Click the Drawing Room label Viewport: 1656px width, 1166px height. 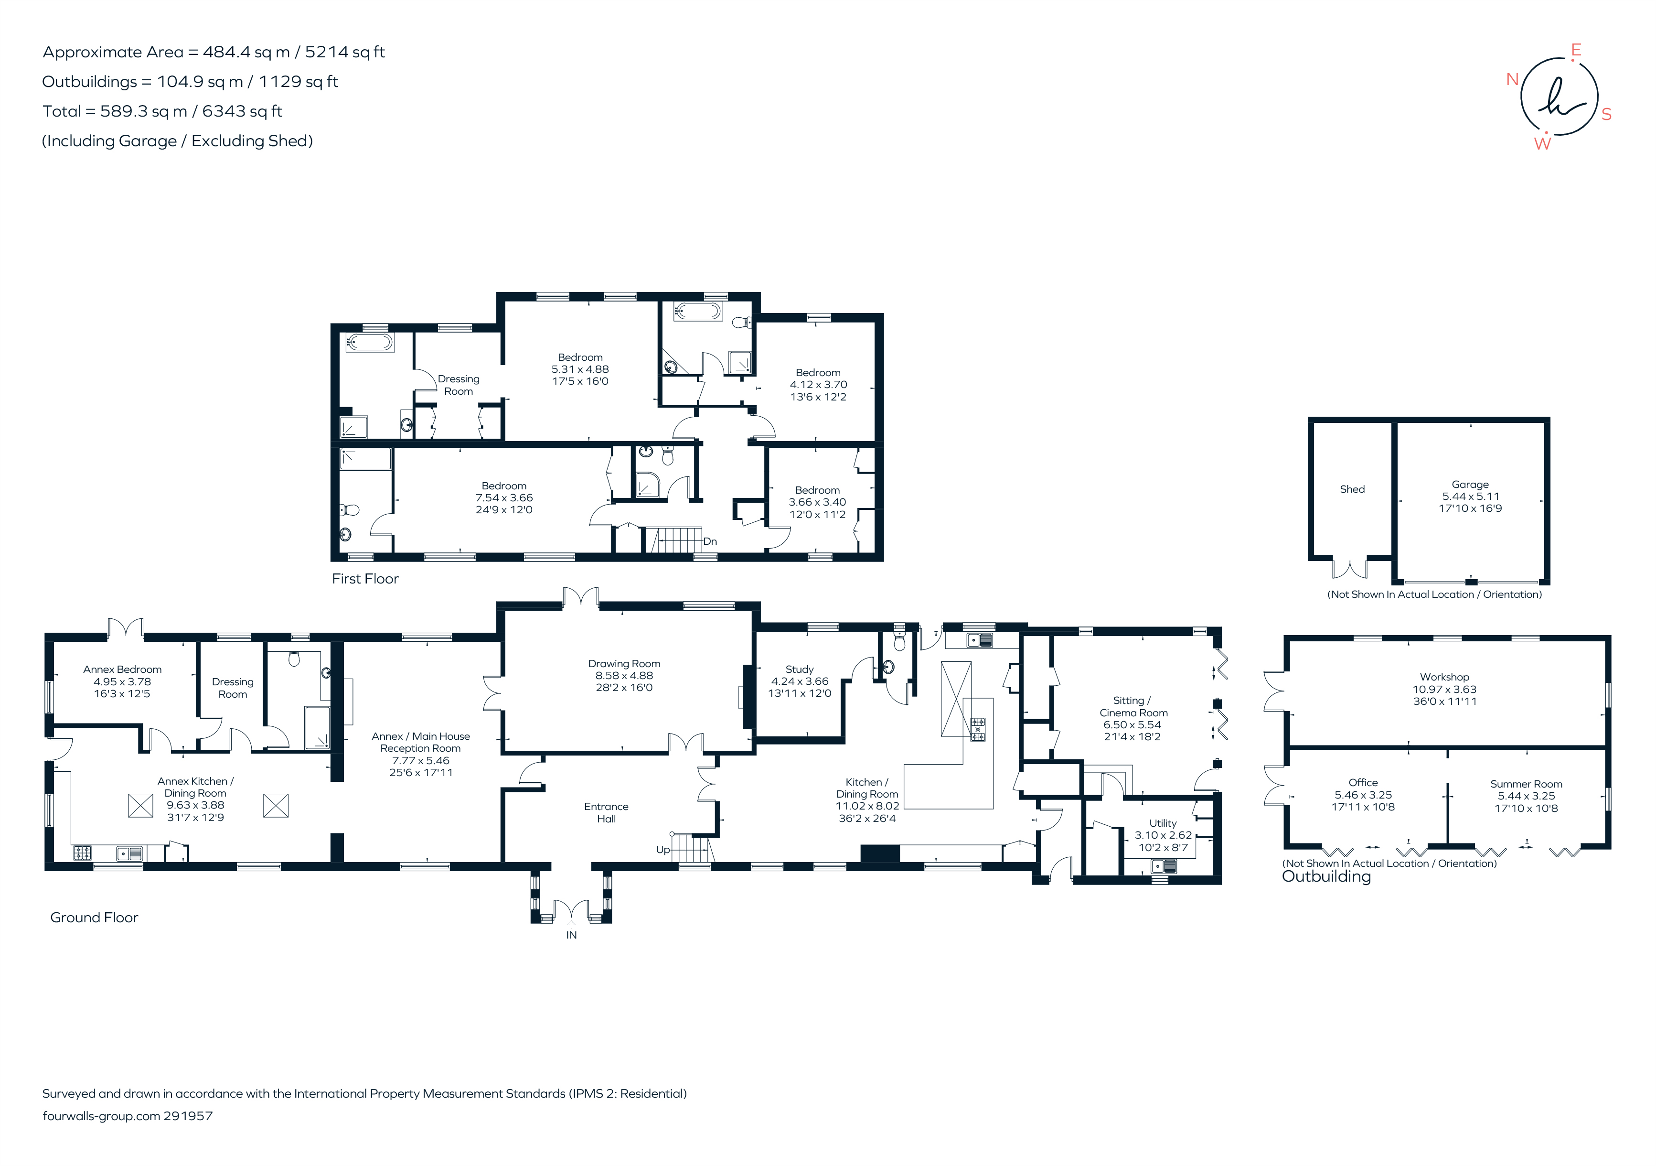tap(624, 664)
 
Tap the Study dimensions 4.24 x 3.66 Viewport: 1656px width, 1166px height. tap(799, 681)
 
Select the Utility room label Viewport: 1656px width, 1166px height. tap(1162, 823)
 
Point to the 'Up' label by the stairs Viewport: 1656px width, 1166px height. tap(662, 850)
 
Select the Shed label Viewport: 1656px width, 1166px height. tap(1352, 489)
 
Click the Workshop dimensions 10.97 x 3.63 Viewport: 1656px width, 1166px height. tap(1444, 689)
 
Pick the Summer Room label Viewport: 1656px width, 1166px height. tap(1526, 784)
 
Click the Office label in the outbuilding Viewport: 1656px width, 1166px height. tap(1362, 783)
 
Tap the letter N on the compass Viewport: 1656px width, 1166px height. tap(1513, 79)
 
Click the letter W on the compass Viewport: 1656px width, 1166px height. tap(1542, 143)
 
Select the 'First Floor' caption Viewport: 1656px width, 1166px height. tap(365, 579)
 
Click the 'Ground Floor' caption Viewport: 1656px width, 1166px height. tap(94, 918)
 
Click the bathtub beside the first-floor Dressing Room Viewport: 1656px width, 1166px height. tap(369, 342)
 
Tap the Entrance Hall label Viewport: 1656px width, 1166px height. tap(606, 812)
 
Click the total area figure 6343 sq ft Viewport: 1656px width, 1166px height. tap(242, 111)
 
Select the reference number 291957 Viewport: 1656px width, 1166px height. tap(188, 1116)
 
